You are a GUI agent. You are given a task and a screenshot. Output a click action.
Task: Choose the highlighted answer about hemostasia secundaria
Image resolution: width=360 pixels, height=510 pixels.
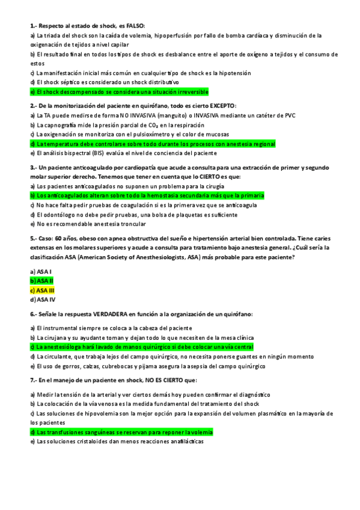(x=147, y=196)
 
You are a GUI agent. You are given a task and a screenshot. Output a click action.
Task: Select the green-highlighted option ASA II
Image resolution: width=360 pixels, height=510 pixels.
(x=42, y=281)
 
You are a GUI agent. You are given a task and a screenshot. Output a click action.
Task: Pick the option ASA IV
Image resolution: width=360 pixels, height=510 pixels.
(x=43, y=299)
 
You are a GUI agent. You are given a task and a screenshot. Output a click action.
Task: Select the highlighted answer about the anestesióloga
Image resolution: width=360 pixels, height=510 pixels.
(x=141, y=348)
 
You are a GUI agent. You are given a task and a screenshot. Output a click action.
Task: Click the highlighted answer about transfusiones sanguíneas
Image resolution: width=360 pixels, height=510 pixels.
(x=121, y=432)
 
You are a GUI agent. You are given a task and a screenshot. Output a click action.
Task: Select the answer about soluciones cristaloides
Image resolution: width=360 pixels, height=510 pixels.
(x=117, y=441)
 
